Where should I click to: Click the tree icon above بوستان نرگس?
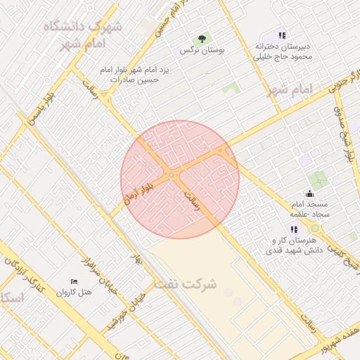pos(202,39)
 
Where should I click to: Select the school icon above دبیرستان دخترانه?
pos(282,35)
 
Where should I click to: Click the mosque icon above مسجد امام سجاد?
pos(310,193)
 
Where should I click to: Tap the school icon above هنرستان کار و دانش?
pos(293,229)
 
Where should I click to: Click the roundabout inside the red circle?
pos(172,174)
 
